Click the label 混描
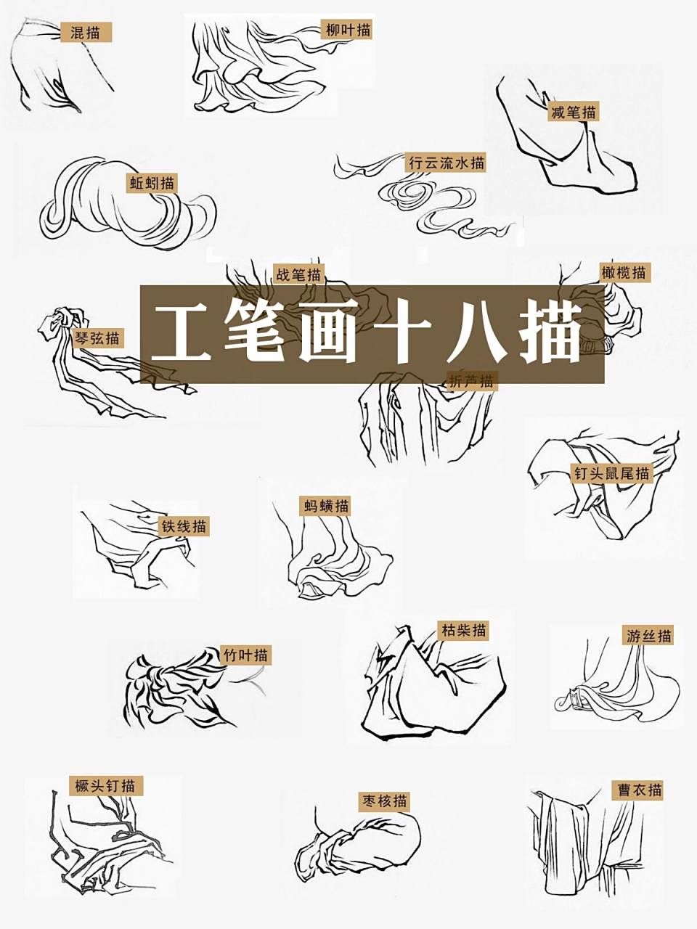pos(85,32)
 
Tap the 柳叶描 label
pos(348,30)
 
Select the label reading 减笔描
pos(574,112)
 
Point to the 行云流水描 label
pos(446,163)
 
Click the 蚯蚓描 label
pos(152,183)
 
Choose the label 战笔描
pos(298,275)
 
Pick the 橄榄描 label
pos(623,273)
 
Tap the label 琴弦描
pos(98,337)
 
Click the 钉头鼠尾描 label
pos(611,473)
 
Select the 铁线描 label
pos(184,526)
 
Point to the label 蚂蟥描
pos(325,506)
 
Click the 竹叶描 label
pos(245,655)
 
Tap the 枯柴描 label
pos(463,630)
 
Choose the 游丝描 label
pos(648,636)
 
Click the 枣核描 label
pos(385,801)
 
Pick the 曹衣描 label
pos(639,790)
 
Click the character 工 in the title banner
pos(181,333)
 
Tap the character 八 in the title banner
pos(476,333)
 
